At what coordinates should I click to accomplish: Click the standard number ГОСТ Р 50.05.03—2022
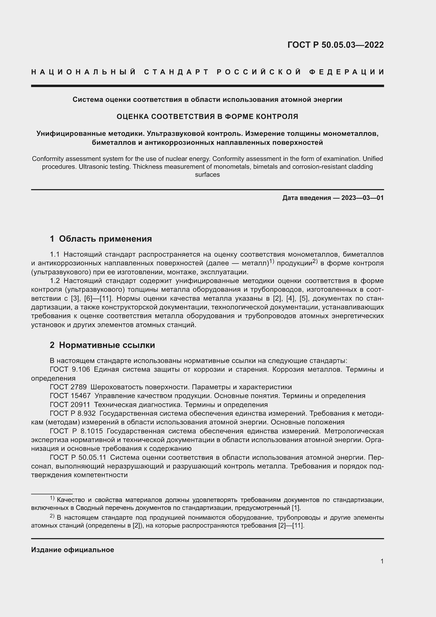coord(335,45)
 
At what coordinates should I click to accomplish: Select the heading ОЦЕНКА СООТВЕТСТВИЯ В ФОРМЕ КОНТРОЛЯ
coord(207,116)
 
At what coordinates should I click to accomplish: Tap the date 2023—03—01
coord(362,198)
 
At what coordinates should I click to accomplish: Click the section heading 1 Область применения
coord(101,239)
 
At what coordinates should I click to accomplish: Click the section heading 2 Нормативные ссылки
coord(102,345)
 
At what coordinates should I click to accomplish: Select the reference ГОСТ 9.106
coord(70,370)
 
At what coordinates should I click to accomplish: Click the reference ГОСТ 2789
coord(68,387)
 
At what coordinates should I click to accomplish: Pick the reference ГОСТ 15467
coord(70,396)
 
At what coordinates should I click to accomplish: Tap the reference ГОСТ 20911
coord(70,405)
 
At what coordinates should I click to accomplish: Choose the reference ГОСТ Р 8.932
coord(72,414)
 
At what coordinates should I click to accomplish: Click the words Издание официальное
coord(72,550)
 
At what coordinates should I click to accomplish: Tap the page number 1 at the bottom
coord(382,561)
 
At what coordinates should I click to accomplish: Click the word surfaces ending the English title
coord(207,175)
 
